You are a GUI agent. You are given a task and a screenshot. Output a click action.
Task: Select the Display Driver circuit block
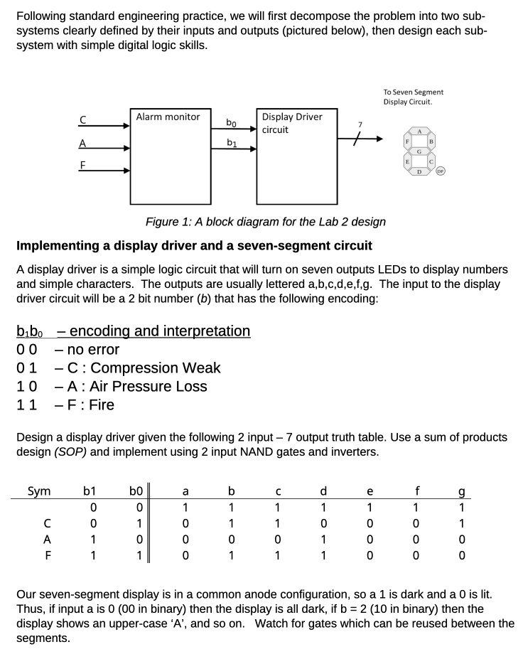297,156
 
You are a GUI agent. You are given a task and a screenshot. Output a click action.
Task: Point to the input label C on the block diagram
82,119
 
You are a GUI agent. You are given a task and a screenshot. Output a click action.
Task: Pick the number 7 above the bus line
360,125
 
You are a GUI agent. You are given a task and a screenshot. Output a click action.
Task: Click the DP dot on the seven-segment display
441,171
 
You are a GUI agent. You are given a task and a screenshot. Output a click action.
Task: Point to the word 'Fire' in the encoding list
102,405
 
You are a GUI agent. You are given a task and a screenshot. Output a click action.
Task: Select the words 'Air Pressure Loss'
148,387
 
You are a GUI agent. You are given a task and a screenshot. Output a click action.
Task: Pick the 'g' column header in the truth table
461,491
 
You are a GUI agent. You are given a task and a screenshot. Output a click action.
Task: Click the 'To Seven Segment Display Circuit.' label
413,97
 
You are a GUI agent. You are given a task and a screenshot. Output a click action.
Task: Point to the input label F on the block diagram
82,165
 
